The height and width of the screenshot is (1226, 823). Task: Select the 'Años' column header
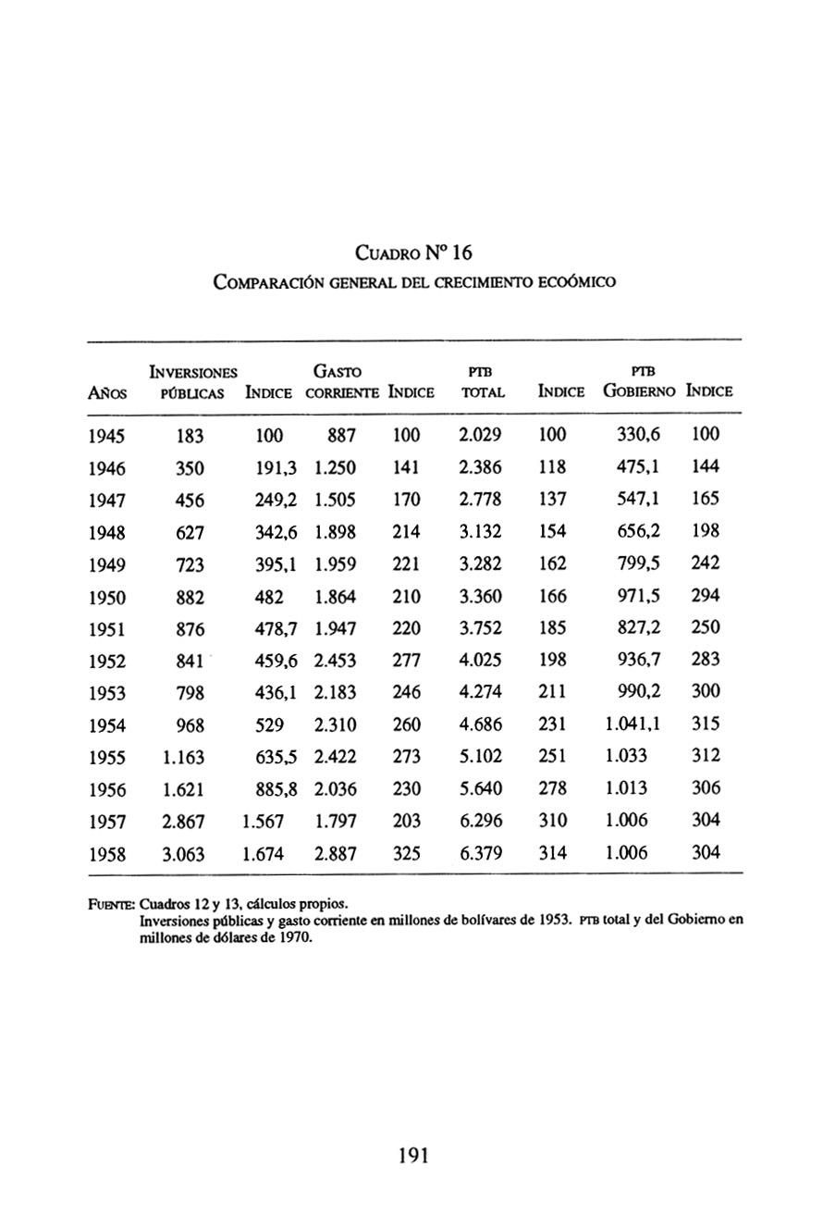click(107, 392)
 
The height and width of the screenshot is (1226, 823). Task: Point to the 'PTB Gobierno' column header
click(641, 381)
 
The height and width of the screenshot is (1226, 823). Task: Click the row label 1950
click(107, 597)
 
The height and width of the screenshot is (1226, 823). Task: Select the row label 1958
click(107, 854)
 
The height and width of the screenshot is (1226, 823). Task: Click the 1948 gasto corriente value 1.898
click(335, 532)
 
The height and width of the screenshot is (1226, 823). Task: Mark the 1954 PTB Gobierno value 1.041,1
click(633, 724)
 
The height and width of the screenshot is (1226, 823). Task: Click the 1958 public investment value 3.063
click(183, 854)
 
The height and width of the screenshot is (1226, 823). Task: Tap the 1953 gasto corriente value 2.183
click(335, 692)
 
